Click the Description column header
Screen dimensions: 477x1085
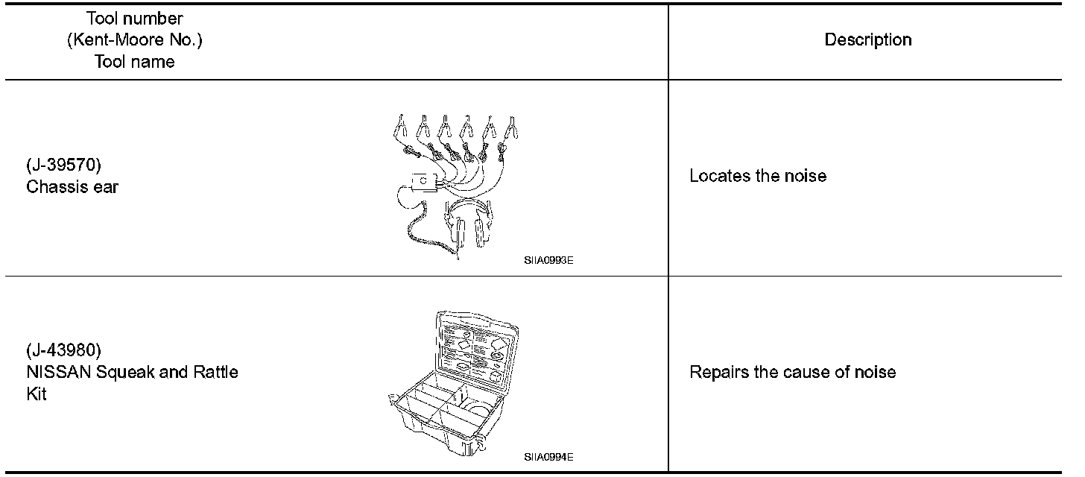[867, 40]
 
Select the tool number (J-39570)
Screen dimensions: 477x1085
[63, 165]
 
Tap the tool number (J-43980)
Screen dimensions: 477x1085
[63, 350]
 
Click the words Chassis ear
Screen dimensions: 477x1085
[72, 187]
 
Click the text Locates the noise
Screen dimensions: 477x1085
[757, 177]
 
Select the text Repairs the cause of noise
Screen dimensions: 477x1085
[792, 372]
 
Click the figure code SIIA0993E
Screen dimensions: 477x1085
[548, 261]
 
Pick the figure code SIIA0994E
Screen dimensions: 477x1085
[548, 457]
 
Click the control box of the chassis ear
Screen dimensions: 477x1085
[423, 183]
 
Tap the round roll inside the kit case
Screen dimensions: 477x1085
[474, 411]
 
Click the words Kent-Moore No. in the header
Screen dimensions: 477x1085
[134, 40]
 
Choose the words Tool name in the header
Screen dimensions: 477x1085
[134, 62]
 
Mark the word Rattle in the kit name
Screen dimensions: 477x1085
[212, 372]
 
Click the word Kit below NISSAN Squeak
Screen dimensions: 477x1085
[37, 394]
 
